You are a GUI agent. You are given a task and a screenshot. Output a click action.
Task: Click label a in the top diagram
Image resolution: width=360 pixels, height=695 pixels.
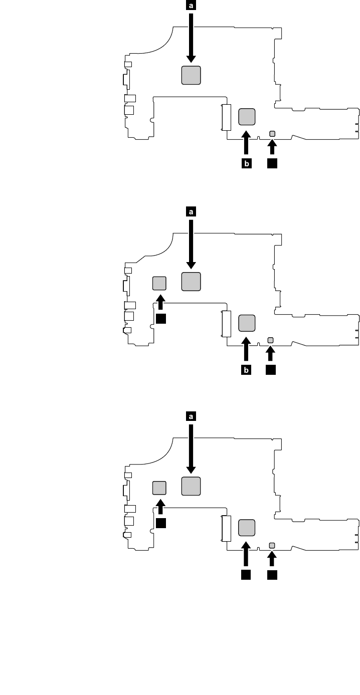pos(191,6)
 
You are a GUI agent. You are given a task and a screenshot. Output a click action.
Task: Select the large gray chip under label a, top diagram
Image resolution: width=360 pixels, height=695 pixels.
pos(191,75)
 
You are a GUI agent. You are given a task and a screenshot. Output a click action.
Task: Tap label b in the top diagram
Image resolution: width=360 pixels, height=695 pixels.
pos(246,163)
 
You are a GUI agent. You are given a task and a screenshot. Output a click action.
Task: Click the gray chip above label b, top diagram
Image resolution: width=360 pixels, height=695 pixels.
pos(246,117)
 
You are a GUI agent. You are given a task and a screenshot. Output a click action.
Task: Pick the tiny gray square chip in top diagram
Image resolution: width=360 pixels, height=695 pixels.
pos(272,134)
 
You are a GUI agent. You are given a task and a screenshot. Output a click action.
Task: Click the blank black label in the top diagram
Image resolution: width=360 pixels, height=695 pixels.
pos(272,163)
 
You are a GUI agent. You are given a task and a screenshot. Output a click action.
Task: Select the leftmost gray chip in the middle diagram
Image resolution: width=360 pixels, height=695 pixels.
pos(159,283)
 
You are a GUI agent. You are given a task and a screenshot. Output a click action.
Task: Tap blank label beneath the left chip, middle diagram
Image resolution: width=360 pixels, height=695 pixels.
pos(160,318)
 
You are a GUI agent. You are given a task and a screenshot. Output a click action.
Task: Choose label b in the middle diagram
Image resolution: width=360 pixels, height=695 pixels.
pos(246,370)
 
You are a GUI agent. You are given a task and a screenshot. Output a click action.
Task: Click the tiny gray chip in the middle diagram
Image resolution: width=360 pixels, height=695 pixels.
pos(271,341)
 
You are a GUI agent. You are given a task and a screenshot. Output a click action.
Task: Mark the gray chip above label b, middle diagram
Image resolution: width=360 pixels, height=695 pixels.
pos(246,323)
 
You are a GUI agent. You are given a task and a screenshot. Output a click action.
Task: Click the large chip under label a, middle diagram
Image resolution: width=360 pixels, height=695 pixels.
pos(191,281)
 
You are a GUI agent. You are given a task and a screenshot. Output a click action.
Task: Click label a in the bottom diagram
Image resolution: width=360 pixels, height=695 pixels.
pos(191,416)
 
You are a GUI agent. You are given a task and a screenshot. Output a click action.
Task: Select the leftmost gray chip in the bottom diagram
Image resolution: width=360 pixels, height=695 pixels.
pos(159,487)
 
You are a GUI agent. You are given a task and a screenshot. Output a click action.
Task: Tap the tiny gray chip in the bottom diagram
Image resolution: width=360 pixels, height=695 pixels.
pos(272,545)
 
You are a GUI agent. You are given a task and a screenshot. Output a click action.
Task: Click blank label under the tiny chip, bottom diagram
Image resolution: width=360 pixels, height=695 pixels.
pos(272,574)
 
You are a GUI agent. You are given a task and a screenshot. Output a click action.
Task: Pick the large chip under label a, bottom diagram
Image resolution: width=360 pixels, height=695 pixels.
pos(191,486)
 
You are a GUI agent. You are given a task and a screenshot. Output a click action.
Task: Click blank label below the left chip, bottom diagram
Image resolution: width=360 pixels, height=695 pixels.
pos(160,523)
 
